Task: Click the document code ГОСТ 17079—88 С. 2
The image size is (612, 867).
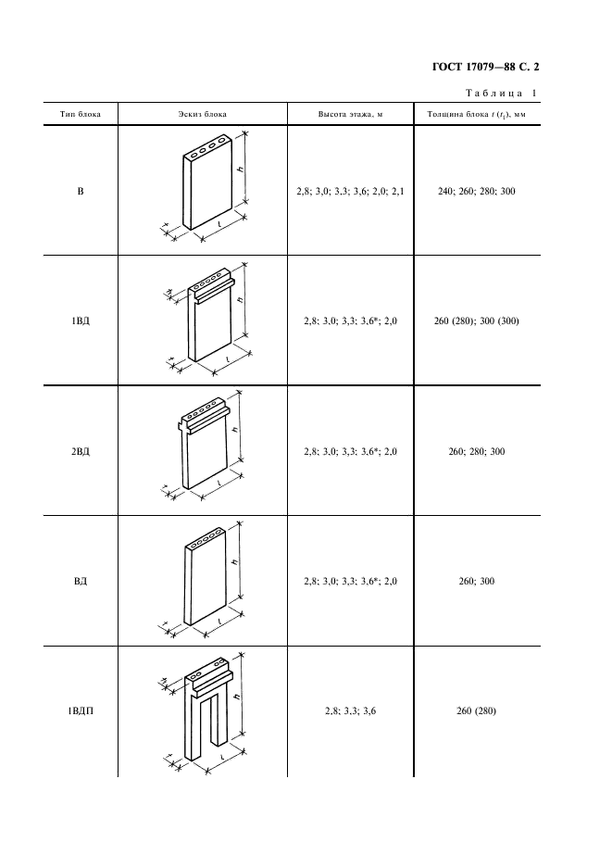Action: point(485,68)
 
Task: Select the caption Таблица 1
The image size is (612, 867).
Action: point(502,93)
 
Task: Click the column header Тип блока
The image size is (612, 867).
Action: point(81,115)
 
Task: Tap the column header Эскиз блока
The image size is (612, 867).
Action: point(203,115)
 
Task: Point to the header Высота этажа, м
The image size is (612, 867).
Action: point(350,115)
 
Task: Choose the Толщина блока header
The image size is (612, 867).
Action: point(477,115)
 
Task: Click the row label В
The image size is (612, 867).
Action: point(81,192)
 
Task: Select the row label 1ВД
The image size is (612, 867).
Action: point(81,320)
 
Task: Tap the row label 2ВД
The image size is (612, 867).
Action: point(81,451)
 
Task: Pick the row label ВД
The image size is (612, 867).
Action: point(81,581)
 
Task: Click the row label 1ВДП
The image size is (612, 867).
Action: point(81,711)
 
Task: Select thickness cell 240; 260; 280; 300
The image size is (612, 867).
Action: point(477,192)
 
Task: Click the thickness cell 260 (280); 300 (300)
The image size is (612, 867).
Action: point(477,320)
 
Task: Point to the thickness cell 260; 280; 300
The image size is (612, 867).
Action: point(477,451)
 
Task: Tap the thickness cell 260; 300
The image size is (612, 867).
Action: point(477,581)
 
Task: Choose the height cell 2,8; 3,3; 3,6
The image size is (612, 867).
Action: point(351,711)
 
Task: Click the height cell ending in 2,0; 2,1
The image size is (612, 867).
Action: point(351,192)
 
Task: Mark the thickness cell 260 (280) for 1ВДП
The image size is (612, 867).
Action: point(477,711)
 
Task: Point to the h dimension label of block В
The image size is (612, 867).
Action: point(241,169)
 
